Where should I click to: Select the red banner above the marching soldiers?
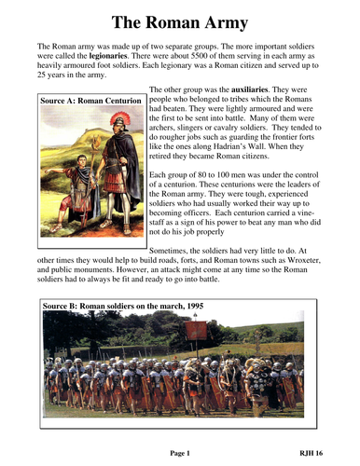(197, 331)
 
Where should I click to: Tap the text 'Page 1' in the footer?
(179, 452)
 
